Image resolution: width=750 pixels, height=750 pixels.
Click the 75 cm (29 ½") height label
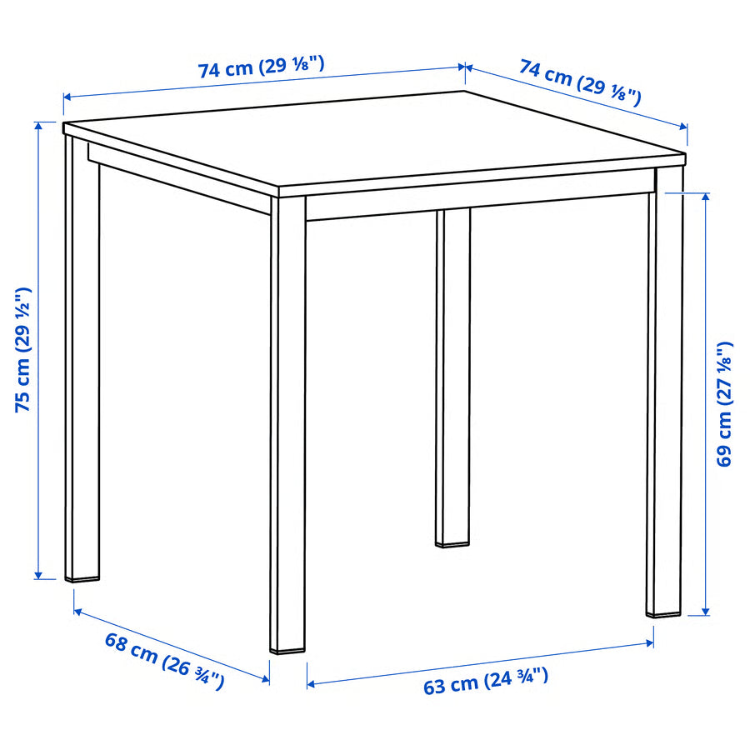coord(22,349)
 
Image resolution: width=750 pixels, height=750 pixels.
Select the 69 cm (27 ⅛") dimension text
coord(725,403)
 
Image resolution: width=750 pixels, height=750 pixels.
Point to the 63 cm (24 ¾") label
coord(486,681)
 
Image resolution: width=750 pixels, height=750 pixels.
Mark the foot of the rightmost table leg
coord(665,611)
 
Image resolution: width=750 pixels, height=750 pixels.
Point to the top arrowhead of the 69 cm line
coord(707,197)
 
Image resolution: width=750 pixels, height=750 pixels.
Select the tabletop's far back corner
coord(464,92)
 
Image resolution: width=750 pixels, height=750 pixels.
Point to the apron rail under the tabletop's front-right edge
coord(479,206)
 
